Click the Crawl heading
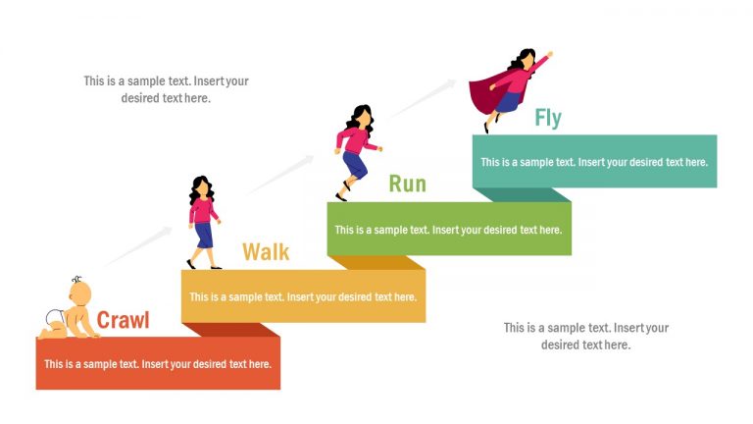click(123, 320)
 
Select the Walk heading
click(266, 252)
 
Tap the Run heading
click(407, 184)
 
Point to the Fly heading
click(548, 119)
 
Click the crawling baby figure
click(73, 311)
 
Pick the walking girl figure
click(203, 221)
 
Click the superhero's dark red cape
click(484, 94)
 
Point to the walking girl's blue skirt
click(203, 234)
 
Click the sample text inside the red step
click(158, 364)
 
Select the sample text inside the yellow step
click(303, 296)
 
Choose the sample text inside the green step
click(448, 230)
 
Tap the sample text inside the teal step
click(593, 162)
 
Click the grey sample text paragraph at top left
click(166, 89)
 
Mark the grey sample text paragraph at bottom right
click(585, 336)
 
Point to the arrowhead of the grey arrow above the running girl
click(452, 83)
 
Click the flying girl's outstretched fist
click(549, 54)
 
